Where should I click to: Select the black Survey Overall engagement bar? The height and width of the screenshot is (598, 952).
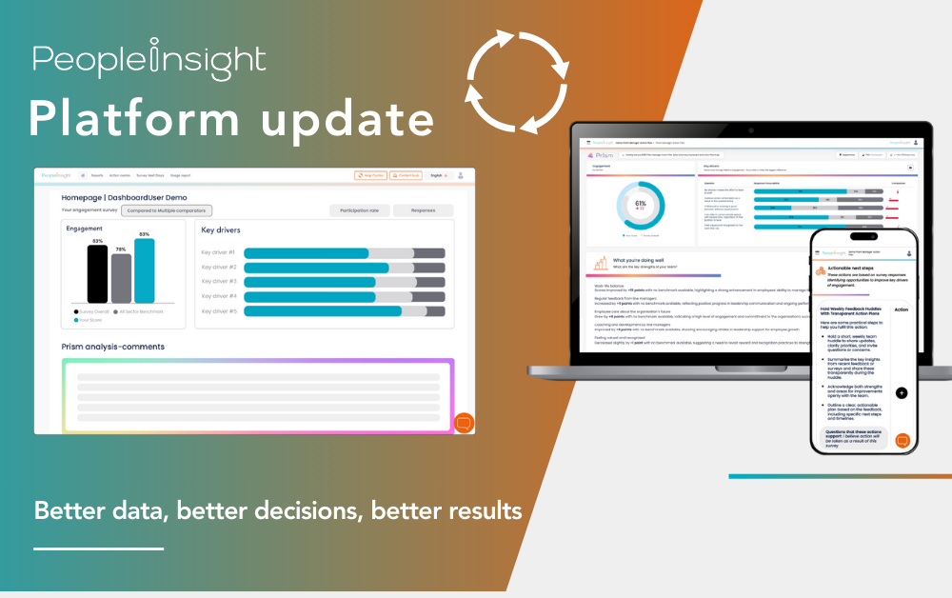click(97, 274)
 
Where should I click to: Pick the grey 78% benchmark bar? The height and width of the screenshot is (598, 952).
click(121, 278)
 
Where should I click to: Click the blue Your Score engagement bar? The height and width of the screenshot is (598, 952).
click(145, 270)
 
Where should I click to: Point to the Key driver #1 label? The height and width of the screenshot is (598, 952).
click(218, 253)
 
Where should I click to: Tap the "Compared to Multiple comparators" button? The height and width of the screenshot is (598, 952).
click(167, 210)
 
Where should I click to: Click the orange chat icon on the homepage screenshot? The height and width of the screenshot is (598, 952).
click(464, 422)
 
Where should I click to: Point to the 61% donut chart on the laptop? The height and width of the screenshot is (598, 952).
click(640, 205)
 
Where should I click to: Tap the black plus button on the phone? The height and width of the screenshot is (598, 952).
click(902, 392)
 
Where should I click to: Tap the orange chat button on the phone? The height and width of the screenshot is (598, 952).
click(902, 441)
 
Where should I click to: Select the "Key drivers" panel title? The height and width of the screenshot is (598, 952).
click(221, 230)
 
